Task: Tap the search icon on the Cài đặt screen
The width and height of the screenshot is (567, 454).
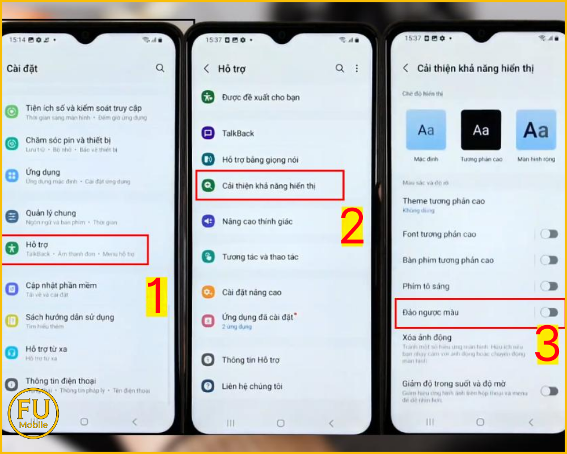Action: [160, 68]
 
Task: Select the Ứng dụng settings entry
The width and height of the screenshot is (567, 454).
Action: [43, 173]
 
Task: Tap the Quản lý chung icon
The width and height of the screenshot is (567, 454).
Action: [12, 216]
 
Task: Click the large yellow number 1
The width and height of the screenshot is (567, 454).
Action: [156, 297]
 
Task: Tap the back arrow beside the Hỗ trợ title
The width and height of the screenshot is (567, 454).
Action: [206, 69]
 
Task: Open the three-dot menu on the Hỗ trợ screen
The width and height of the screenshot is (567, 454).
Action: [357, 68]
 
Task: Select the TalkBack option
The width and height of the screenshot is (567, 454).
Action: [238, 133]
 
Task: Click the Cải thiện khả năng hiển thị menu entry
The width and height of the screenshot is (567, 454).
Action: [269, 186]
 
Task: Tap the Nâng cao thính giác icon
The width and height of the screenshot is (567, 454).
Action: [208, 221]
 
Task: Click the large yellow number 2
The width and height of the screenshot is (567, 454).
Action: [352, 227]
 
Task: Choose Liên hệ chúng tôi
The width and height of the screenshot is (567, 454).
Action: [252, 386]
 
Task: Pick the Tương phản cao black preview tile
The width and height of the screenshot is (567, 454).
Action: [481, 130]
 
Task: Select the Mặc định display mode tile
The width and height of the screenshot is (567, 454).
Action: [426, 130]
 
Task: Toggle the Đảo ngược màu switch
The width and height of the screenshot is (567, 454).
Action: [549, 312]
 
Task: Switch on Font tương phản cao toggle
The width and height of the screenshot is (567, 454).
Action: [549, 234]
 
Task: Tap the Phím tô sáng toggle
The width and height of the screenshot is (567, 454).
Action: [549, 286]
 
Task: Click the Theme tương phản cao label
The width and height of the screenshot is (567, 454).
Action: [443, 201]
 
